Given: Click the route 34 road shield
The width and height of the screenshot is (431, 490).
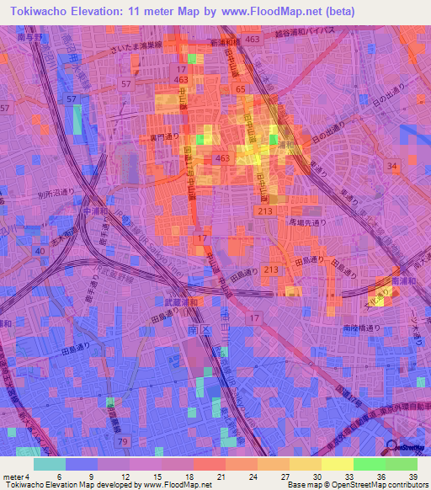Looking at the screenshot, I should [392, 167].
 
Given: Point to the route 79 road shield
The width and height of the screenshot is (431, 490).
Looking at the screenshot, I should [123, 440].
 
